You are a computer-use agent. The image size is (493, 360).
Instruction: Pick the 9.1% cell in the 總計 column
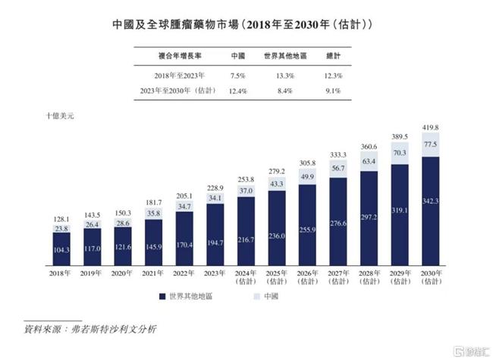coord(332,91)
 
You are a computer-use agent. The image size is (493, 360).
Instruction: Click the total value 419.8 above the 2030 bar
coord(432,127)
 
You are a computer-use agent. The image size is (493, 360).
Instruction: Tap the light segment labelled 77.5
coord(432,144)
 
